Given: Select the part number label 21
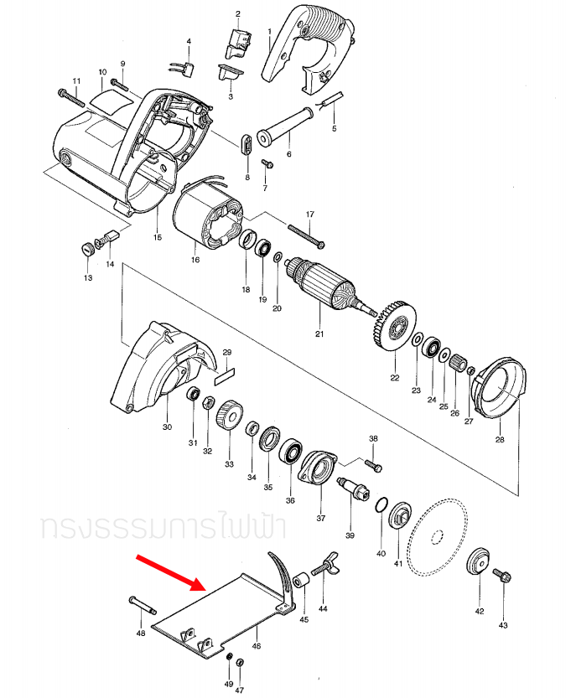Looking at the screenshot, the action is (319, 334).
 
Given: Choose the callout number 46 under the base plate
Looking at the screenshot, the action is (257, 646).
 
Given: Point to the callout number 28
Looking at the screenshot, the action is (500, 439).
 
